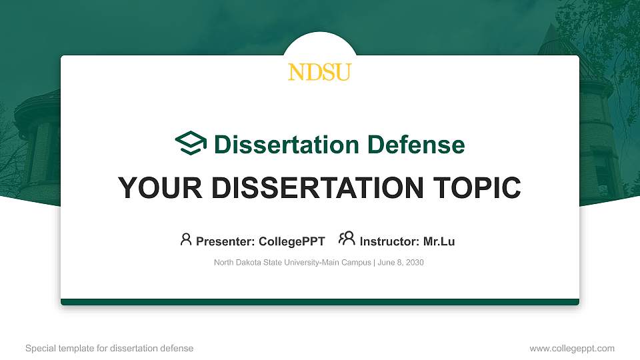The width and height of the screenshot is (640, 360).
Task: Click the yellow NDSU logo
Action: tap(319, 72)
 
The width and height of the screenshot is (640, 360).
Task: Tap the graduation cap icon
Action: tap(191, 143)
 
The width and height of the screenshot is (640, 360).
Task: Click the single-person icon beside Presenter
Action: tap(186, 239)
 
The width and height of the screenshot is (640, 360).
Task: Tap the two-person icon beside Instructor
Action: tap(347, 239)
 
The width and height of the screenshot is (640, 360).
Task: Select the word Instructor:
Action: tap(389, 241)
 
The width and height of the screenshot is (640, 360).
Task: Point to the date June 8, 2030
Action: tap(401, 263)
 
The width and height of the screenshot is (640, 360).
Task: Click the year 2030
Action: tap(413, 263)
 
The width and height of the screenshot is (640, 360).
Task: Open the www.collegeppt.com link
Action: tap(572, 348)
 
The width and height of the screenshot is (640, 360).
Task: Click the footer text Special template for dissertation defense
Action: tap(109, 348)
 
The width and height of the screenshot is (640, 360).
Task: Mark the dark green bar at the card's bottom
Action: tap(320, 302)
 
